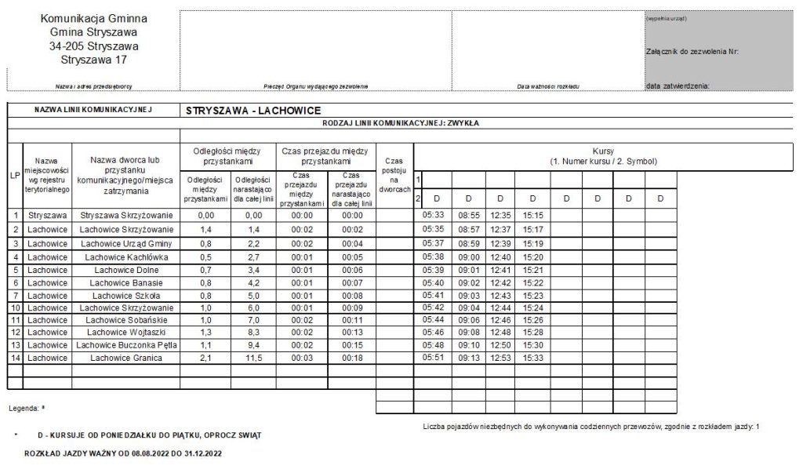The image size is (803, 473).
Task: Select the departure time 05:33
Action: coord(434,214)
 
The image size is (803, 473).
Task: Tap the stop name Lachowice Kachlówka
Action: coord(126,257)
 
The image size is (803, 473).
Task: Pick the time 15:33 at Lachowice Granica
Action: coord(533,358)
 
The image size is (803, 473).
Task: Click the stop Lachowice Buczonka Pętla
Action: coord(126,345)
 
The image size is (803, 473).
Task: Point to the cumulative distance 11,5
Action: coord(253,358)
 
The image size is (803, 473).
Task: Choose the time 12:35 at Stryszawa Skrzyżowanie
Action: coord(500,214)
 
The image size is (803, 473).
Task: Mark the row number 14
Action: coord(15,358)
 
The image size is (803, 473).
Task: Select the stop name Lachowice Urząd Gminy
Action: coord(126,243)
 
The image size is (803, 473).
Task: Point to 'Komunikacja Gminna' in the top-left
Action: coord(93,18)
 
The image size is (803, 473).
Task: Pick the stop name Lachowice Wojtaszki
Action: coord(126,333)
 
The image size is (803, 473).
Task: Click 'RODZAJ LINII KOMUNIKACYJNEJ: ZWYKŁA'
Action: coord(401,123)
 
